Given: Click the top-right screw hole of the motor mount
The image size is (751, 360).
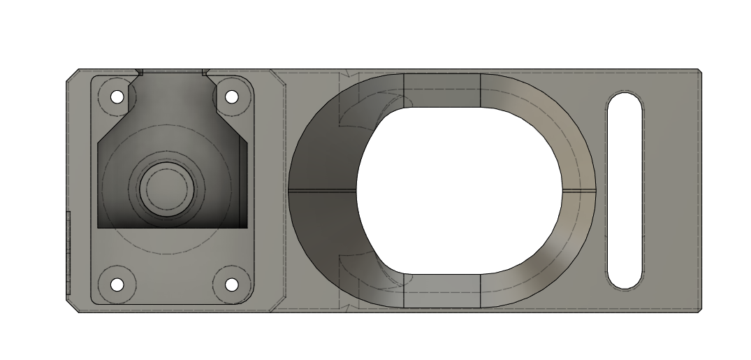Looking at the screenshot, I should [x=231, y=96].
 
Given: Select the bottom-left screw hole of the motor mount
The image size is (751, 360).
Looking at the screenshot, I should [x=117, y=285].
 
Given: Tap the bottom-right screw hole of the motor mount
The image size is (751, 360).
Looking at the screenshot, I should [x=231, y=285].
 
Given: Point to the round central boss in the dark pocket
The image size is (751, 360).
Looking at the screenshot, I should [x=166, y=187].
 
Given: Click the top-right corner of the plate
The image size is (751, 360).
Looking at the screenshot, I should [x=698, y=71].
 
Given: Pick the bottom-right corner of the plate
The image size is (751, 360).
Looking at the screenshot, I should [x=698, y=309].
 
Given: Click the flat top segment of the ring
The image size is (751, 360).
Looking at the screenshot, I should [x=442, y=89].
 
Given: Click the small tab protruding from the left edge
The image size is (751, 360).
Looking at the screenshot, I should [x=68, y=252].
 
